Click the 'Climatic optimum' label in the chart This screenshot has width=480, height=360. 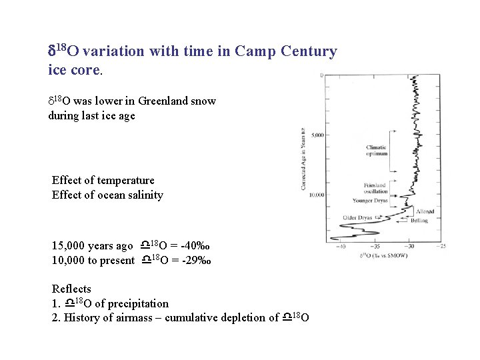click(x=376, y=151)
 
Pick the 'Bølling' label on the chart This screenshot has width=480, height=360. click(x=419, y=220)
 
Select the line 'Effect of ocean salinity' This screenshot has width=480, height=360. click(x=107, y=195)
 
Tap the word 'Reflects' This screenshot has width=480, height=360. click(x=71, y=289)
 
